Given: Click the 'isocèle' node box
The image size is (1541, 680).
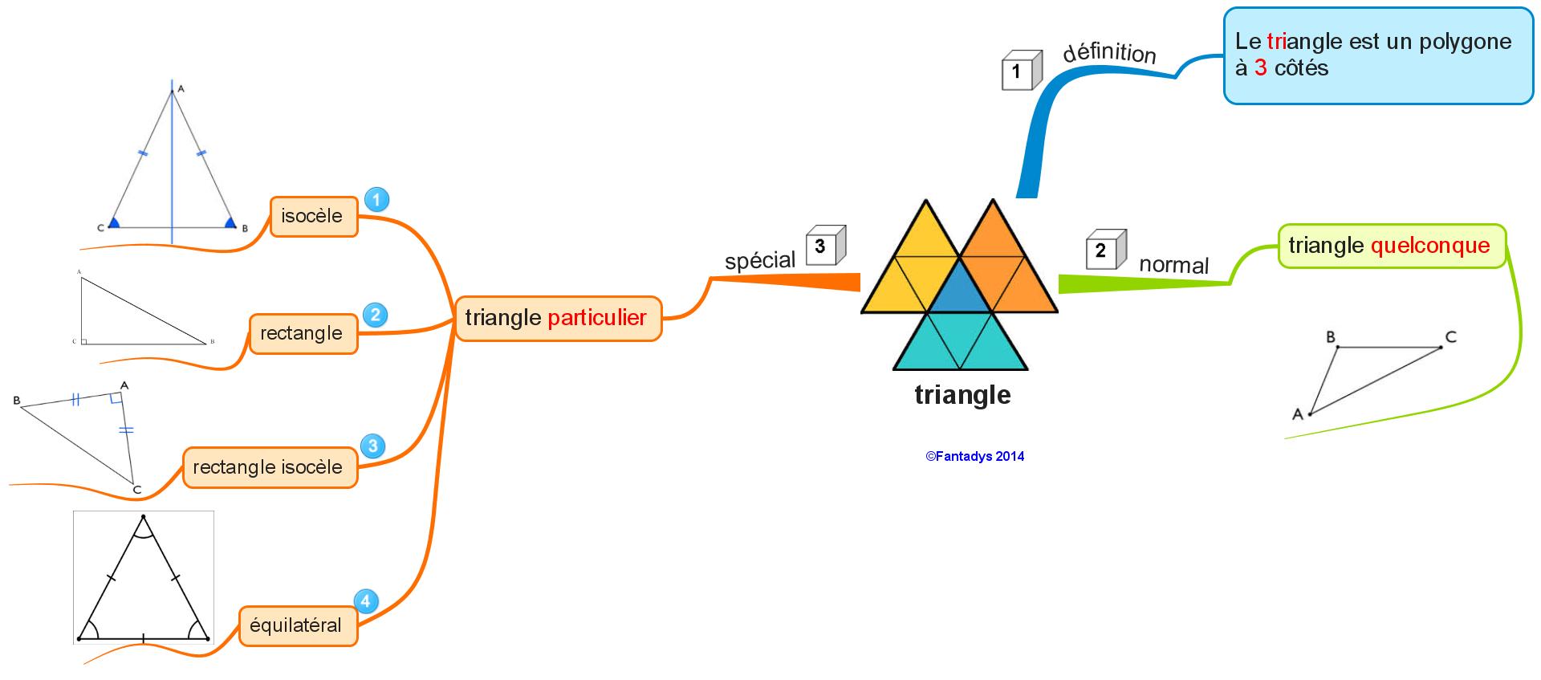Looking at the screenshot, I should coord(313,216).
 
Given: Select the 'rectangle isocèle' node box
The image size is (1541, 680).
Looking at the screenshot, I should coord(269,467).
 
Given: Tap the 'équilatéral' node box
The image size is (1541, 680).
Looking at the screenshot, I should coord(297,625).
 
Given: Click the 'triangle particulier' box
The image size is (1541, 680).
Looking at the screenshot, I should coord(557,318).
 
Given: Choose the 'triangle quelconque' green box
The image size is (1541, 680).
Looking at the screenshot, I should coord(1391,246).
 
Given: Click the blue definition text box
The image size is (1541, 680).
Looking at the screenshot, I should coord(1377,55).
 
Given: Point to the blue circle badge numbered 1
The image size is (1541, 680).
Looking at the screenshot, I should coord(376,199).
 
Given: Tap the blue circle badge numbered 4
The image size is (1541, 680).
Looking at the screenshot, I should coord(366,601).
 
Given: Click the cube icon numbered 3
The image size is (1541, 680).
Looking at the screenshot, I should coord(824,246).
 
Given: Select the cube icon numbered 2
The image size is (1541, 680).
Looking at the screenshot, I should coord(1104,250).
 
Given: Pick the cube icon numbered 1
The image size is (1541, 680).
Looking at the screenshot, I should coord(1020,71).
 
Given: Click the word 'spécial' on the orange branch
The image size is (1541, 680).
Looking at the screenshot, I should coord(759,260).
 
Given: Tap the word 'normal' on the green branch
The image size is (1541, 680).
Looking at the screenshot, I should coord(1173,265).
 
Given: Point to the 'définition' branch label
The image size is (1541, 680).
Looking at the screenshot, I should coord(1109,53).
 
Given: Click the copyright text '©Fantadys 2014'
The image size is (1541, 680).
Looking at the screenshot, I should coord(974,456).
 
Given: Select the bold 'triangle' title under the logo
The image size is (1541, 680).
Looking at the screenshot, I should coord(962,395).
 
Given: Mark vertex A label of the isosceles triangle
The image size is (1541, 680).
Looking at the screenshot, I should coord(181,88).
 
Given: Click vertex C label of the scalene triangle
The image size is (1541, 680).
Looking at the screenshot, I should coord(1451,337).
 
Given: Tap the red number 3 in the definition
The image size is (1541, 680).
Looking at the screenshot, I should coord(1260,68).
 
